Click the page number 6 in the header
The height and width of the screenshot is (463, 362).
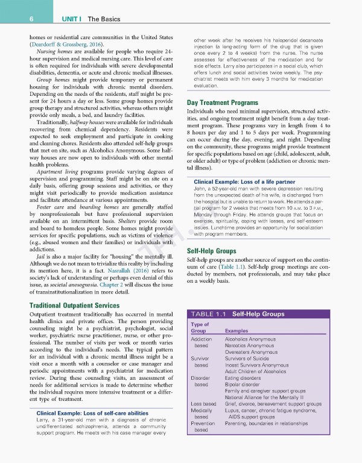(x=13, y=19)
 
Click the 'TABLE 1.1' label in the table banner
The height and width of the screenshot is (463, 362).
(x=208, y=314)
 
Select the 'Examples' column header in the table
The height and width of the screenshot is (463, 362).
(x=238, y=331)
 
